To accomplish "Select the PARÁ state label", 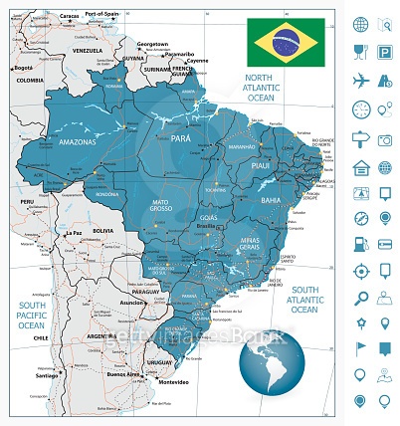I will (180, 138).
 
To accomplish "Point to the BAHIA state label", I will (272, 200).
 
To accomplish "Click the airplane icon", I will (360, 81).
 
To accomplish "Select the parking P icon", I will (385, 53).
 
